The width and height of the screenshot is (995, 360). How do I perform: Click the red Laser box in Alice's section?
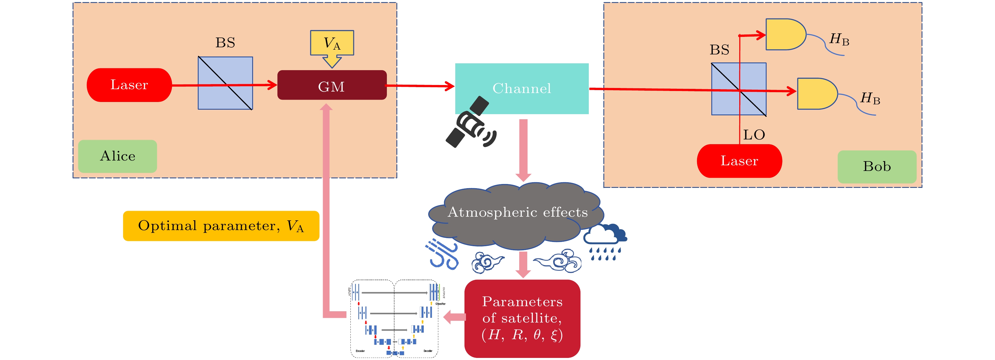tap(129, 85)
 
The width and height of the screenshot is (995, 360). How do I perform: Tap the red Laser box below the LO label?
tap(739, 161)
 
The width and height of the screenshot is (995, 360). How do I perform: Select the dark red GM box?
tap(332, 85)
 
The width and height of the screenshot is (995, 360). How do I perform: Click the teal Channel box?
tap(522, 89)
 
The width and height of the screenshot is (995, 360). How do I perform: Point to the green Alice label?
tap(117, 156)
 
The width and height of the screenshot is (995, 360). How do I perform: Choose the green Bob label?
tap(876, 166)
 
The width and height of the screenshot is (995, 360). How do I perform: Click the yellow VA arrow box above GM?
tap(332, 44)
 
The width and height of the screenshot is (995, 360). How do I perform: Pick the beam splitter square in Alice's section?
tap(225, 83)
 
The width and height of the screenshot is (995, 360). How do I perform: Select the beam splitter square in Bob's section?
tap(739, 89)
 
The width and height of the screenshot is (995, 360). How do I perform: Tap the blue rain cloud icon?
tap(605, 241)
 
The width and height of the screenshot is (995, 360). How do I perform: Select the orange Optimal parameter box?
tap(221, 226)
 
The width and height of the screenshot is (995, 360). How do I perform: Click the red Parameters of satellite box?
tap(522, 319)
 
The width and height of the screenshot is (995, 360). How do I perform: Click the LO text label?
tap(754, 135)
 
